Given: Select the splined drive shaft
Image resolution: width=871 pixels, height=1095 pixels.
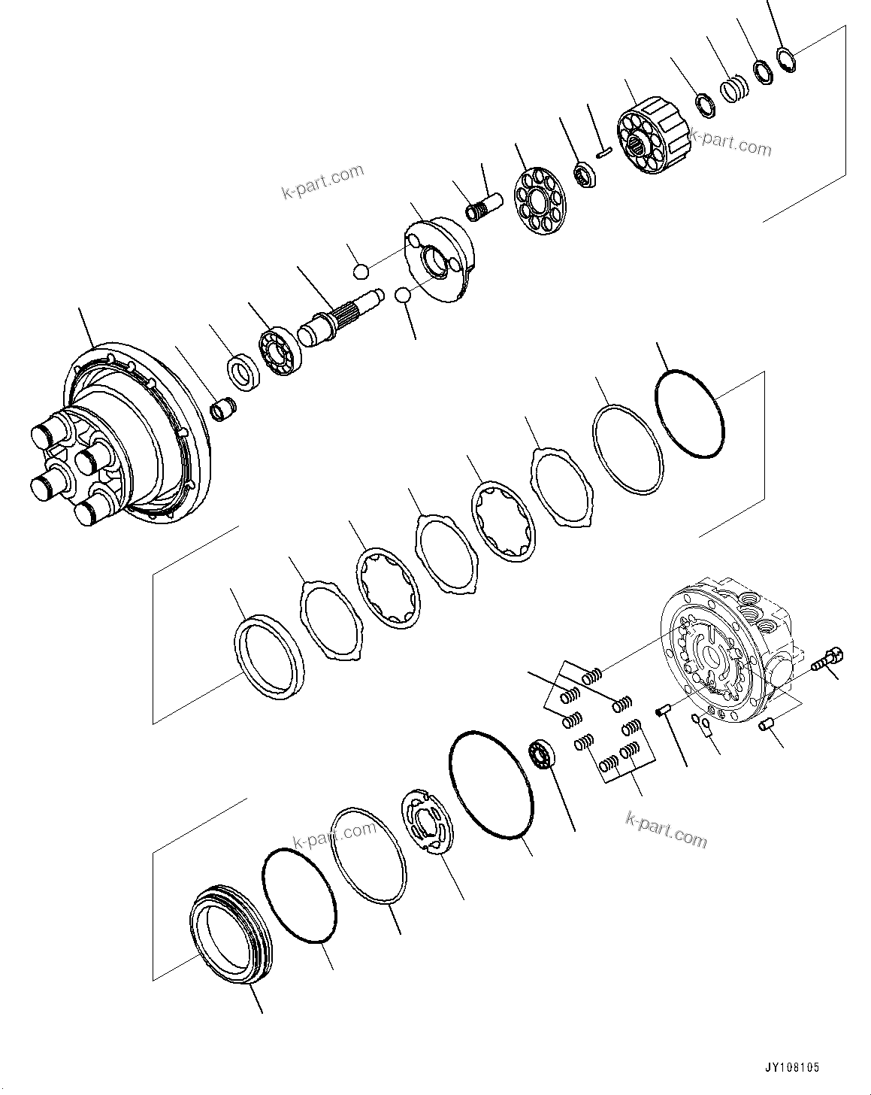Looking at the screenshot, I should click(x=338, y=314).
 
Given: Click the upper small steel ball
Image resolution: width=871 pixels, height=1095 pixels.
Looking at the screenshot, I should click(x=361, y=271).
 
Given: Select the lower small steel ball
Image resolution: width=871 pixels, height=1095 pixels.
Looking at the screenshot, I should click(x=403, y=296).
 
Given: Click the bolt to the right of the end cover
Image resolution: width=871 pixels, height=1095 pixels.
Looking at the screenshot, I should click(x=827, y=659).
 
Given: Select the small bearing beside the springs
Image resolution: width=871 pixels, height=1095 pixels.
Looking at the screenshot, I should click(x=541, y=754).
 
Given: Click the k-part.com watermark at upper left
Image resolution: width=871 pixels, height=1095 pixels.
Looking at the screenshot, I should click(x=322, y=183).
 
